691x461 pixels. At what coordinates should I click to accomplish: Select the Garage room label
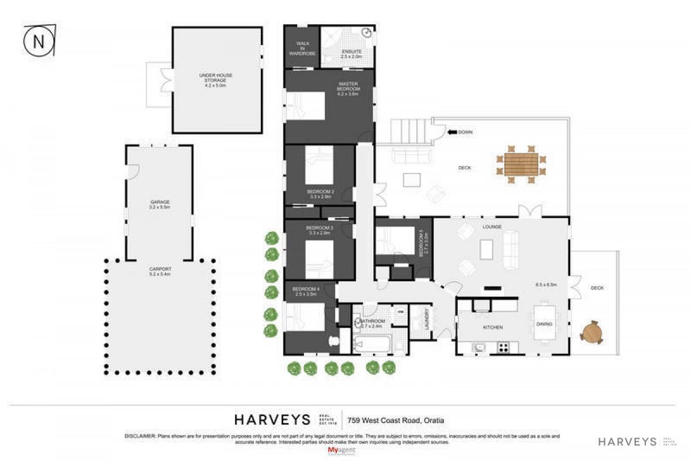tap(160, 205)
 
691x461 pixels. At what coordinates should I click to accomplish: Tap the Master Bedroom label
tap(348, 90)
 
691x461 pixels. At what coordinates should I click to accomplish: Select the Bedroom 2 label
tap(320, 194)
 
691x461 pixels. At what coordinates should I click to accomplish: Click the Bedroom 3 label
tap(320, 230)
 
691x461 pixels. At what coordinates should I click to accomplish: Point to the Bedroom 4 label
tap(305, 291)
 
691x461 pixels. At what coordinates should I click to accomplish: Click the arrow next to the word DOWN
tap(451, 132)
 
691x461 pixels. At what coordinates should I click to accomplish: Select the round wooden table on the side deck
tap(593, 331)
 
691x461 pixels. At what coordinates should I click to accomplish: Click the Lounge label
tap(492, 227)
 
